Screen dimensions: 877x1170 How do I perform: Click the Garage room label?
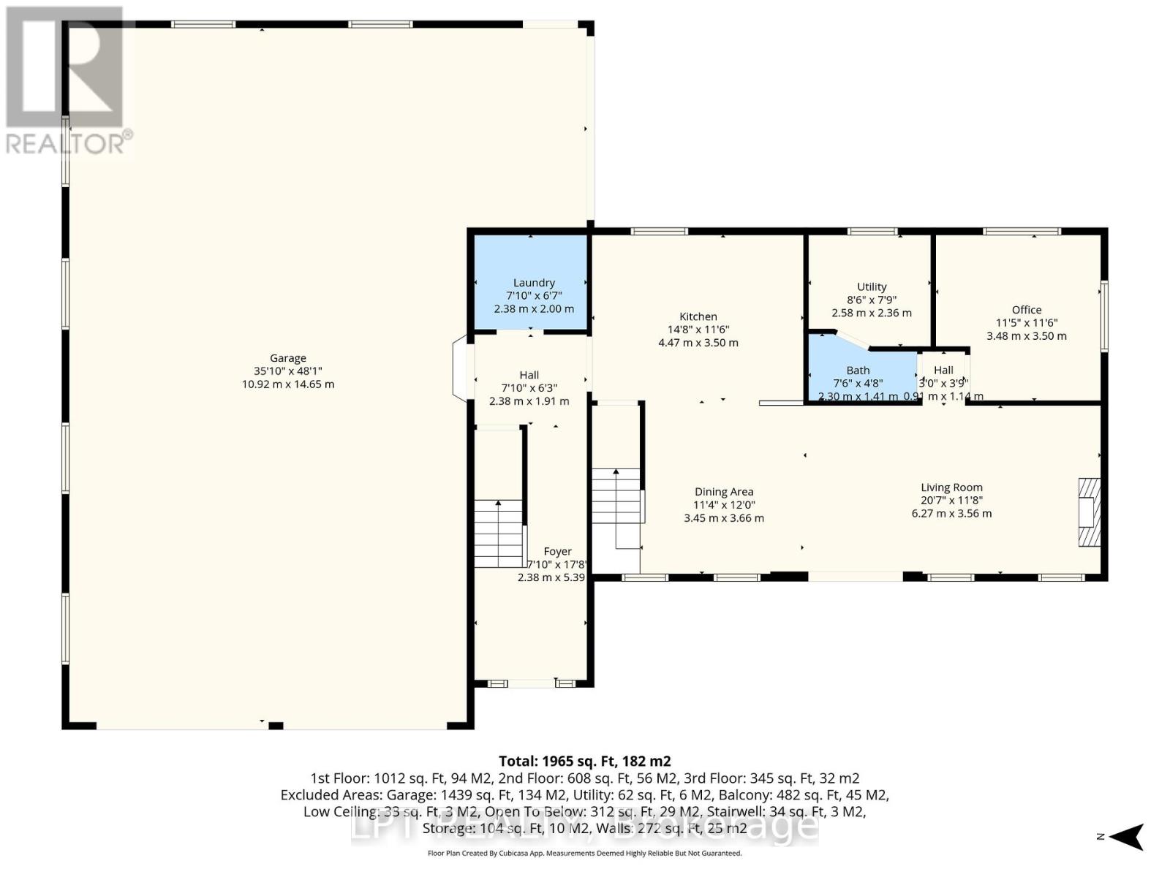288,358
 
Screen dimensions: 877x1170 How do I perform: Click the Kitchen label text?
698,316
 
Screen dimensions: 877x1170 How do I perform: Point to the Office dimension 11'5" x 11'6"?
1027,323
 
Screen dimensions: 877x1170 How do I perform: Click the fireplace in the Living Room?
1089,512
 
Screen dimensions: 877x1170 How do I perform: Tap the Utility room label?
872,287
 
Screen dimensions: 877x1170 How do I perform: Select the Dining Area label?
723,492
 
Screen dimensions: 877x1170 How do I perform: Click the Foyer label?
558,552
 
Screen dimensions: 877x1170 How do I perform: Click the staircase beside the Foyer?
499,534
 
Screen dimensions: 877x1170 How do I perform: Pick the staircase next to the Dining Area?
616,497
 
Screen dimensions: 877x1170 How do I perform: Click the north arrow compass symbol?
1128,837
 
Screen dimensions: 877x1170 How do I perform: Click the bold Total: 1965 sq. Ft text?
584,761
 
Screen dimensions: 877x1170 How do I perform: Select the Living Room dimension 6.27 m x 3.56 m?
951,514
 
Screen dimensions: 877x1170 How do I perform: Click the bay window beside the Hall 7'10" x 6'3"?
460,368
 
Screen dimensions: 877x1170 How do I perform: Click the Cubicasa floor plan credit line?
584,853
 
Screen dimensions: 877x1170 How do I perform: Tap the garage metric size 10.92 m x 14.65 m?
288,384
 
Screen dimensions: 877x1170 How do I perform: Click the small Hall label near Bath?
943,371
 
